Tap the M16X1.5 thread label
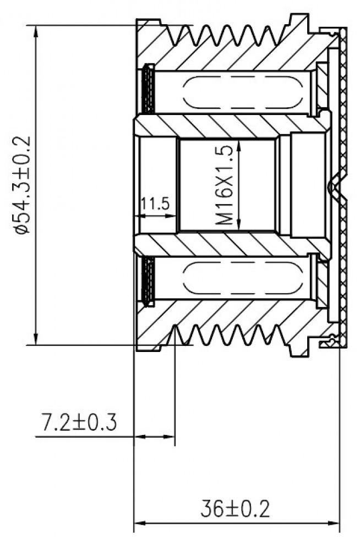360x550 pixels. pos(224,186)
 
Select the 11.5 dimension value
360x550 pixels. pos(155,203)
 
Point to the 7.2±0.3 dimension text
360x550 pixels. pos(79,422)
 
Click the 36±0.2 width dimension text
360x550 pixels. pos(235,509)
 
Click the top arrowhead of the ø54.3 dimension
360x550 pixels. pos(36,31)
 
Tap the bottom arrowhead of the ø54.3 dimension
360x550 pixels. pos(36,338)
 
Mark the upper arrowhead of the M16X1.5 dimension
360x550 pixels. pos(239,146)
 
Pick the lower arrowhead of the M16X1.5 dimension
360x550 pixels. pos(239,225)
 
